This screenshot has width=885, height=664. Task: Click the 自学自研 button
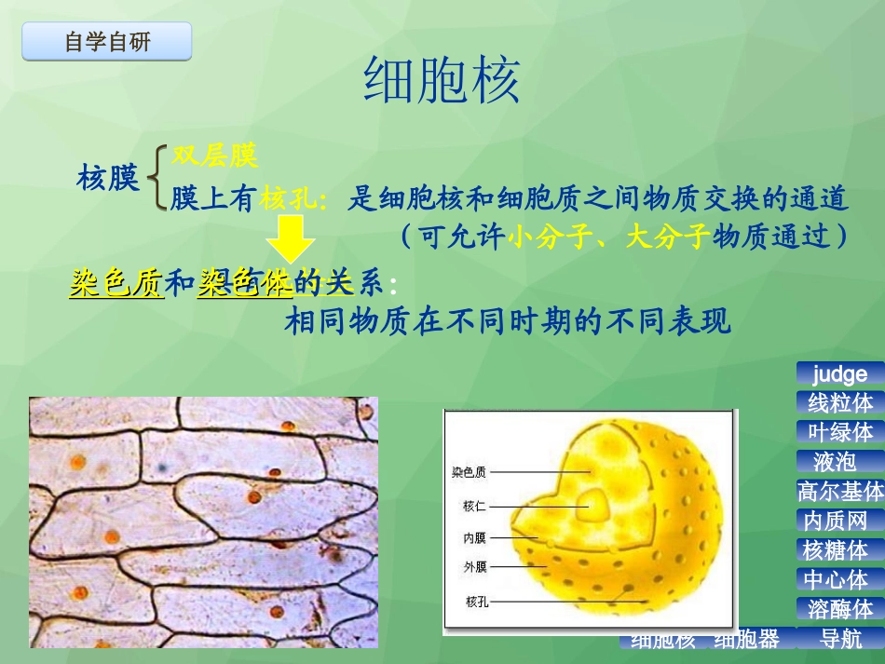click(x=107, y=42)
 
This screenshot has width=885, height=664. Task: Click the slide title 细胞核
click(x=442, y=81)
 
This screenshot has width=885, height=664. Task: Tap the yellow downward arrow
click(x=292, y=239)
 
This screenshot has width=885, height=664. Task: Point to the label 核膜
click(x=108, y=177)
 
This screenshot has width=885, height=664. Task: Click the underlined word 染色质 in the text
click(x=116, y=283)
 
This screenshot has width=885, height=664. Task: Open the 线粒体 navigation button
click(x=840, y=402)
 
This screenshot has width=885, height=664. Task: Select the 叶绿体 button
click(x=840, y=432)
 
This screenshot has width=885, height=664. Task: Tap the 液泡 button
click(x=835, y=461)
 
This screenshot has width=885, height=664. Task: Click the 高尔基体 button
click(x=840, y=491)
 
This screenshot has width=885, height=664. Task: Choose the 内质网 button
click(x=836, y=521)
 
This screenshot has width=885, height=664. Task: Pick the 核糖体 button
click(x=836, y=549)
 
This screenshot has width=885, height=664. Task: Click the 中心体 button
click(x=836, y=579)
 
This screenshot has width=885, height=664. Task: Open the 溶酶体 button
click(x=840, y=609)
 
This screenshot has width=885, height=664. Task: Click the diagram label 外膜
click(x=474, y=565)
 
